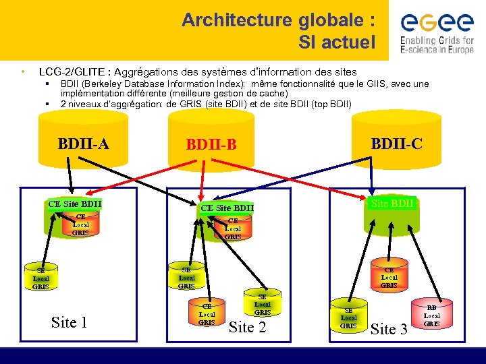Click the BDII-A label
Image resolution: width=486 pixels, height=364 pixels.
(84, 143)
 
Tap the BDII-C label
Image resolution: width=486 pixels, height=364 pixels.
(397, 143)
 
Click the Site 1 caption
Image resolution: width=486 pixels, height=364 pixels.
(69, 323)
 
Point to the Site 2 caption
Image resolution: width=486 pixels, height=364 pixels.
(248, 328)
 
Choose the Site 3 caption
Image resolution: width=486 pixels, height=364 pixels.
(389, 329)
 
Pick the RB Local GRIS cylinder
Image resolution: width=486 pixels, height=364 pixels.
(431, 315)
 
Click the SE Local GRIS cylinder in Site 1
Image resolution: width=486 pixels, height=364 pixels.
(40, 278)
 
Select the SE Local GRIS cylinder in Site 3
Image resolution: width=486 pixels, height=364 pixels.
(348, 317)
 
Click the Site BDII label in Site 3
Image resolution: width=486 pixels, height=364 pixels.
(392, 203)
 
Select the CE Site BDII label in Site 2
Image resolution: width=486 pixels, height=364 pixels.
(227, 208)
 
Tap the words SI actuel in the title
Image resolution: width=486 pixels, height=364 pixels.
(336, 43)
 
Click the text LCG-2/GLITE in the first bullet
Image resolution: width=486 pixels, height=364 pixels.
(76, 71)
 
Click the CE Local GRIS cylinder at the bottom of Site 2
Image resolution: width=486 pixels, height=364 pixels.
(207, 313)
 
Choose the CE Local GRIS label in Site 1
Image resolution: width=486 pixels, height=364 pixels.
(80, 224)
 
